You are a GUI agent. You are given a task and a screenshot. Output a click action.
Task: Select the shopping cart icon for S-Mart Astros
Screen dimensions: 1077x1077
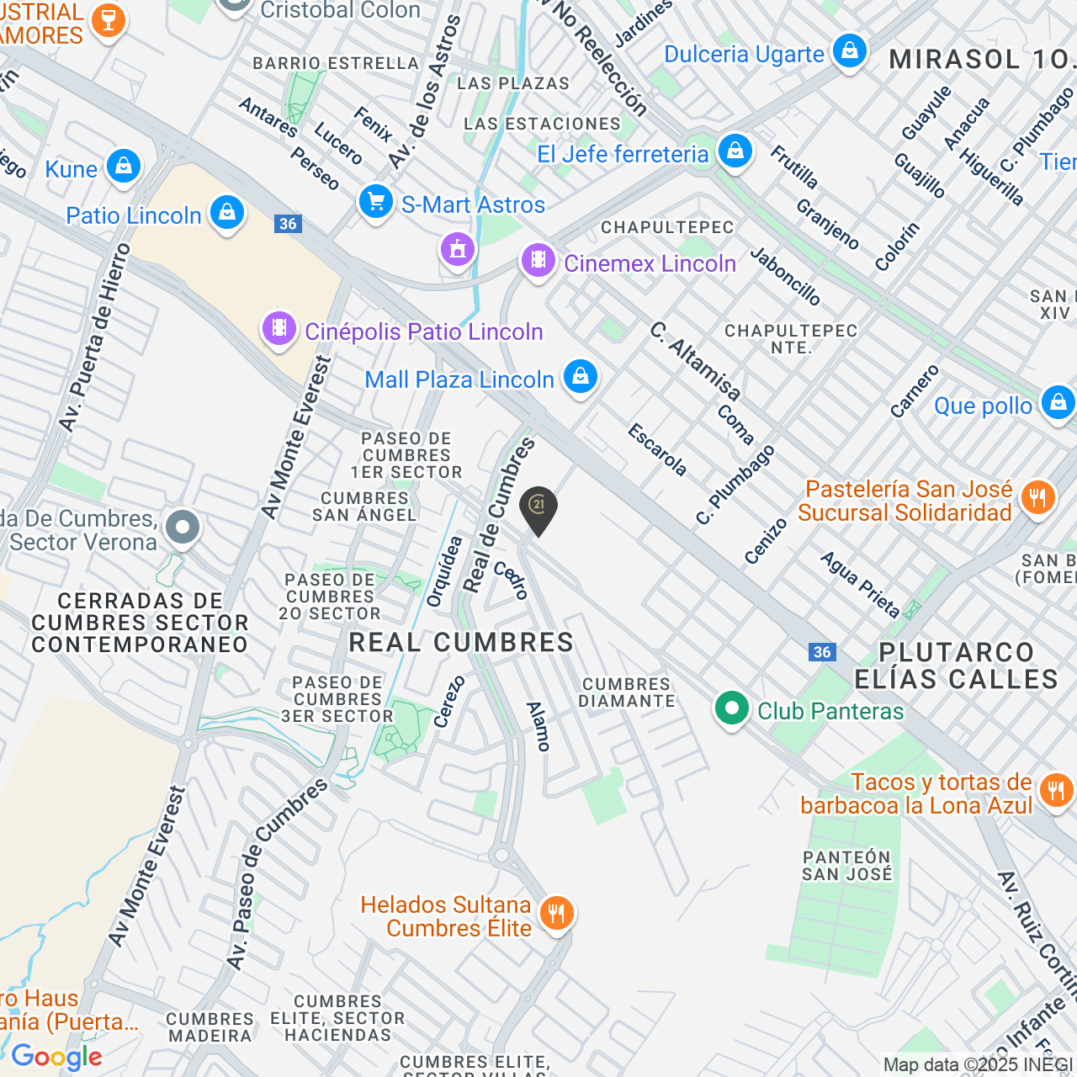375,202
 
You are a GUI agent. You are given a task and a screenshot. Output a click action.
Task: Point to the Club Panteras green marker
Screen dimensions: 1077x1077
731,709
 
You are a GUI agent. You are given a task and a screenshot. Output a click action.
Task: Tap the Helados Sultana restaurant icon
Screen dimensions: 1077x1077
556,912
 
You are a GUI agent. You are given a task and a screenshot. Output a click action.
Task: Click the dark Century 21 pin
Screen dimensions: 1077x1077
538,508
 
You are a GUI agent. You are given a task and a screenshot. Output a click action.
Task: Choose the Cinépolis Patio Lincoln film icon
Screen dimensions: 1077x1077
279,328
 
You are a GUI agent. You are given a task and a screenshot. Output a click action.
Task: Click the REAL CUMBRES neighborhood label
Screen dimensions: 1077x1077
461,643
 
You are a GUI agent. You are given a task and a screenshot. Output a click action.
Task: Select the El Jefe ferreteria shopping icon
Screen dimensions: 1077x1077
735,151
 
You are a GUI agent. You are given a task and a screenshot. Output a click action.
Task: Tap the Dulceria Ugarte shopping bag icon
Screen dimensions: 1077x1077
850,51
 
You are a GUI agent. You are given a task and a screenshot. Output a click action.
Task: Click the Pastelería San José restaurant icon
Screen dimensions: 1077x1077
1037,498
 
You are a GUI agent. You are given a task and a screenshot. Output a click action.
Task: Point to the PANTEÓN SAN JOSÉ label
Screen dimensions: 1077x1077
846,866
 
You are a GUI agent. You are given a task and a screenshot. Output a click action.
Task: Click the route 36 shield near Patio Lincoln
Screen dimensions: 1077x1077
288,224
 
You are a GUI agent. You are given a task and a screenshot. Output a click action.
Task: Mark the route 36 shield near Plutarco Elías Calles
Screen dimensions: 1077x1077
822,652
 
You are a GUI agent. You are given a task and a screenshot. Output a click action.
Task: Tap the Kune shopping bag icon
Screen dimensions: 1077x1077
124,167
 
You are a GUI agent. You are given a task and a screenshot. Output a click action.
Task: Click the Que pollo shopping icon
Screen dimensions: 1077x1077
1058,403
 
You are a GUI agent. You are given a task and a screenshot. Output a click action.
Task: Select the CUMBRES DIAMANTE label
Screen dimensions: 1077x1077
627,692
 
